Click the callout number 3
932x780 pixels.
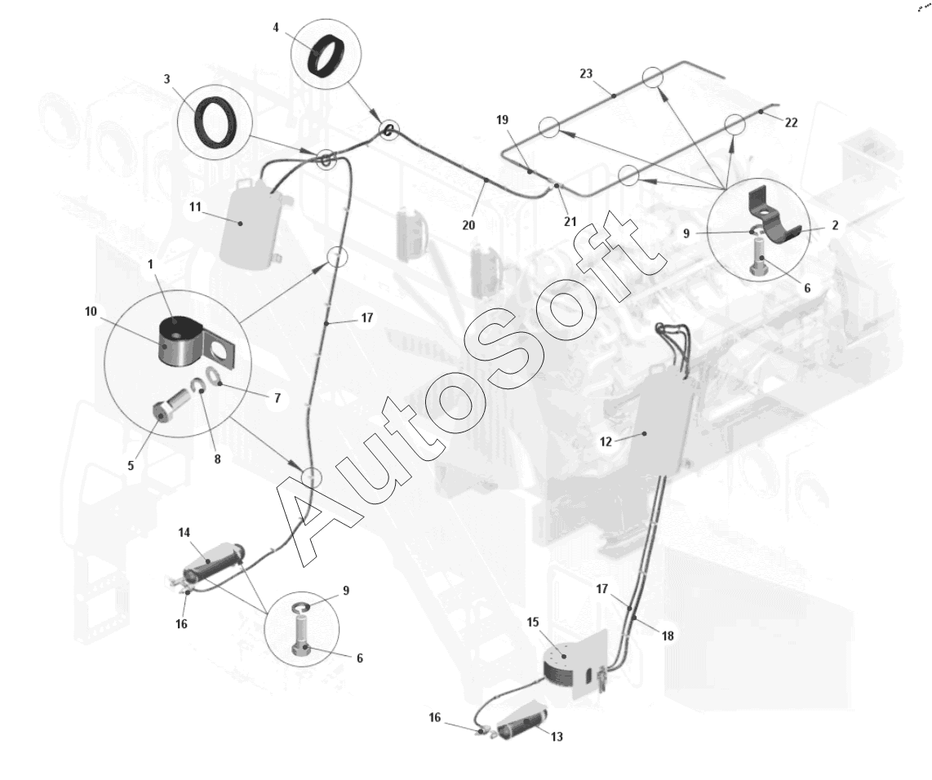(x=167, y=79)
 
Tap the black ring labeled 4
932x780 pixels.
(x=326, y=55)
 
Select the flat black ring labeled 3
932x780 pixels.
(x=215, y=122)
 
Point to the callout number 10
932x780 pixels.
(x=91, y=312)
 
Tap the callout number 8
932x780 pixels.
(x=218, y=459)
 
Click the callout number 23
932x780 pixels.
(x=586, y=73)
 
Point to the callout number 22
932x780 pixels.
(x=791, y=122)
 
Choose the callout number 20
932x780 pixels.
(x=468, y=225)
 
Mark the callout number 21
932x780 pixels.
(x=570, y=222)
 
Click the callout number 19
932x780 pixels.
(x=502, y=120)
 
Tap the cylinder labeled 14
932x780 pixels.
(x=213, y=563)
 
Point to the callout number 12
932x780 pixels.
(x=606, y=442)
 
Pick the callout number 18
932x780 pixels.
(x=668, y=636)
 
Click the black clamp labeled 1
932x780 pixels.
(x=181, y=342)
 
